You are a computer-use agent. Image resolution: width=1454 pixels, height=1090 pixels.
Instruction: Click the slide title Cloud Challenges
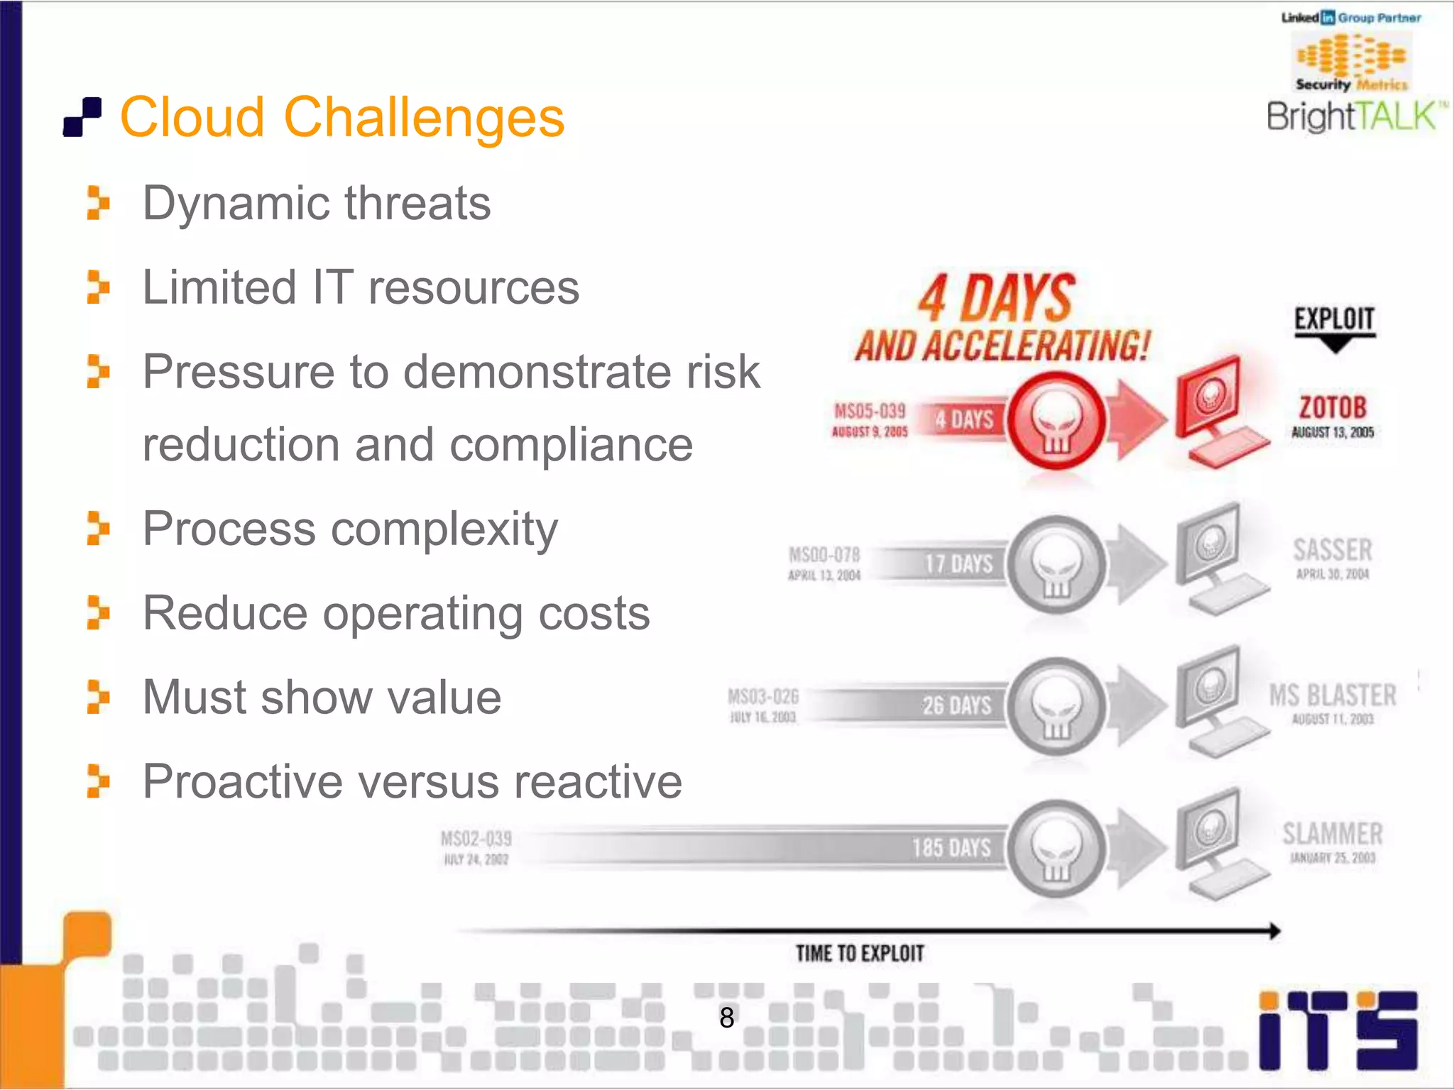(x=342, y=117)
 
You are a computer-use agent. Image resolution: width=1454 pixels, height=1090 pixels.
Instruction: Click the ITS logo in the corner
(x=1338, y=1030)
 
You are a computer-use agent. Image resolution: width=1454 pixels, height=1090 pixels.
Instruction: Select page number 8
(x=726, y=1018)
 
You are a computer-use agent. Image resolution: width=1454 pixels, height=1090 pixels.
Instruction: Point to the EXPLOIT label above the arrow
(x=1334, y=319)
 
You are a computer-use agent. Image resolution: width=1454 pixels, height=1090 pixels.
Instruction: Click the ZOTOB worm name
(x=1333, y=408)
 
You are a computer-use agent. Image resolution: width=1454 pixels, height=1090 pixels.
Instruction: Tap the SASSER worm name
(x=1333, y=550)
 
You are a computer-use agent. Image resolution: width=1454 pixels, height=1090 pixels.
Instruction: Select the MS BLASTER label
(x=1333, y=695)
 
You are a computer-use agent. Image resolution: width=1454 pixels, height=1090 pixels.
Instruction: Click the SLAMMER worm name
(x=1333, y=834)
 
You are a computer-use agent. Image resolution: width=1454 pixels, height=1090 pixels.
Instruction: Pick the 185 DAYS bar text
(x=951, y=847)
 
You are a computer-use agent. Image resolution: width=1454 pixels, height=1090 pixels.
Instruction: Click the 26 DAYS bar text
(x=957, y=705)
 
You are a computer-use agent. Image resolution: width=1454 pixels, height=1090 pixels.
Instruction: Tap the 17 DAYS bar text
(x=958, y=564)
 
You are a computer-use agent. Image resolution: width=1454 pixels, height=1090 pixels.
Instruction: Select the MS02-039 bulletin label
(x=476, y=839)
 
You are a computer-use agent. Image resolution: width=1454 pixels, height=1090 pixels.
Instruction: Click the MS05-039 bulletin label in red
(x=870, y=411)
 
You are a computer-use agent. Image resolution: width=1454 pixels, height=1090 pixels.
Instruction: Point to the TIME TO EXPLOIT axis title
(x=860, y=953)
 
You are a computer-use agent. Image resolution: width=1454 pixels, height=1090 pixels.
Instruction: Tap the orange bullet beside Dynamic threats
(x=98, y=203)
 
